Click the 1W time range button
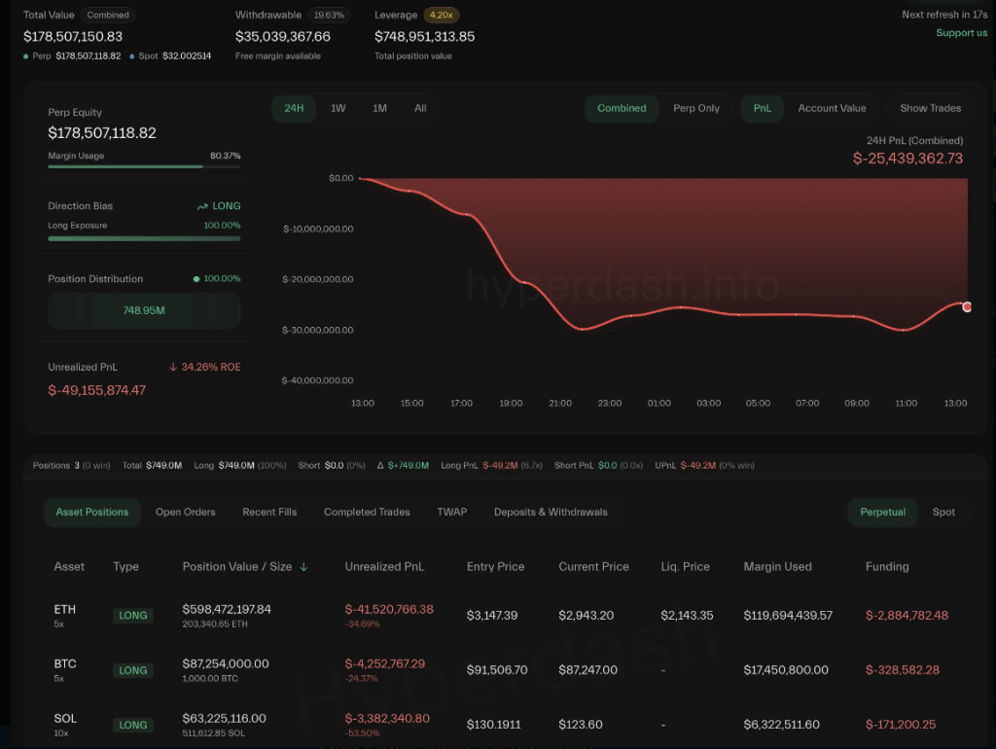(338, 108)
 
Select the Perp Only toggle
(696, 108)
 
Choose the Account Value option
(832, 108)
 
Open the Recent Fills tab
(269, 512)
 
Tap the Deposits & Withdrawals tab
(551, 512)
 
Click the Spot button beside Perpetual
(943, 512)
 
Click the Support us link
(961, 33)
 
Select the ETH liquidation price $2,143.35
(687, 615)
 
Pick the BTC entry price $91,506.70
(497, 669)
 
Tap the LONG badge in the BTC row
(133, 670)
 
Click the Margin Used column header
(777, 566)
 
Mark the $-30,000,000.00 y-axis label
(318, 331)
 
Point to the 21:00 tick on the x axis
(560, 403)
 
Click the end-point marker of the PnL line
(967, 306)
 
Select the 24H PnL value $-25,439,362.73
(907, 159)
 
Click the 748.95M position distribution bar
(144, 310)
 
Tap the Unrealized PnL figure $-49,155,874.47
(97, 390)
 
